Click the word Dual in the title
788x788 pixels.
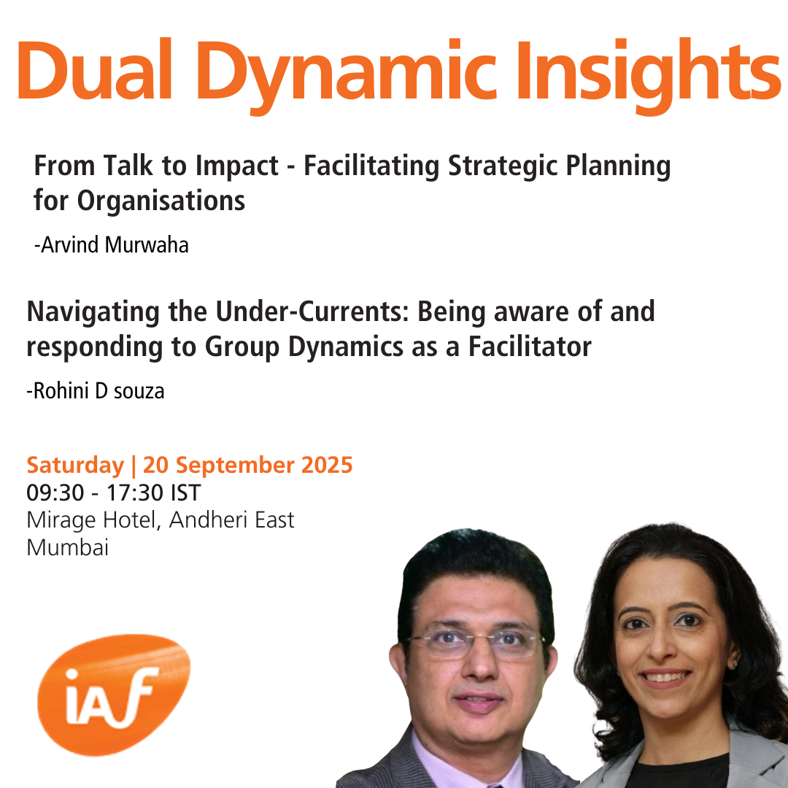click(96, 71)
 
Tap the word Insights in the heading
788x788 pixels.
click(648, 76)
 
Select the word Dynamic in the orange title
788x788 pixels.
click(347, 76)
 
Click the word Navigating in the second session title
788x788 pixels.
click(93, 312)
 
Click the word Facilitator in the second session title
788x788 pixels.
click(530, 347)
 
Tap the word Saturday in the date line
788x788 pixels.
click(75, 466)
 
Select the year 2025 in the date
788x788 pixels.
click(327, 465)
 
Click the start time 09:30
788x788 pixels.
click(55, 493)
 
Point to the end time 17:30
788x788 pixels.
click(135, 493)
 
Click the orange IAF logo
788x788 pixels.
click(114, 695)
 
